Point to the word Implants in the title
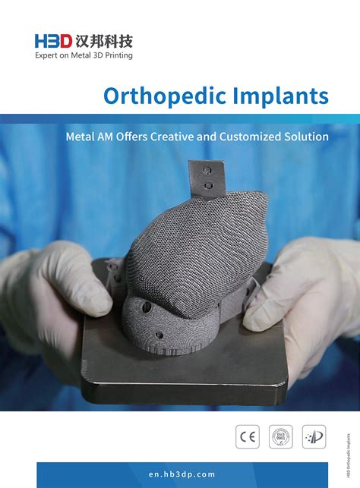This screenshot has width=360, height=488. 277,96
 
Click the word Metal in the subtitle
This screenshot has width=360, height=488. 81,137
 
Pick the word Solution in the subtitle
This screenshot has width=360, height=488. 307,137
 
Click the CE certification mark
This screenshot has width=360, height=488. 248,436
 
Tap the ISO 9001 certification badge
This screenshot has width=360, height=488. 281,436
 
